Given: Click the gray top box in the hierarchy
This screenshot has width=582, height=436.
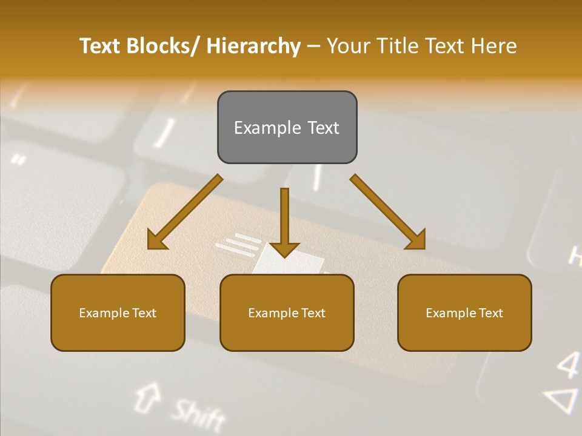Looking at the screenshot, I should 287,127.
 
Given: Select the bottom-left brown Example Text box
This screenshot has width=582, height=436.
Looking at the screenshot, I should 118,312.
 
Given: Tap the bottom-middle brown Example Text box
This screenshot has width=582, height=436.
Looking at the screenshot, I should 287,312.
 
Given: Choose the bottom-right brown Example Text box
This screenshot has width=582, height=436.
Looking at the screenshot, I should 464,312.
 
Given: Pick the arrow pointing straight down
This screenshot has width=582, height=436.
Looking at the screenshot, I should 284,224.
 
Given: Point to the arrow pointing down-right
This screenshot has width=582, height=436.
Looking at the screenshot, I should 388,212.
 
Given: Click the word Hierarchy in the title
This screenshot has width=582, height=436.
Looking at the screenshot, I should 253,46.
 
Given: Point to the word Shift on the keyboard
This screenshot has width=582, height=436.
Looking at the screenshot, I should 197,414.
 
